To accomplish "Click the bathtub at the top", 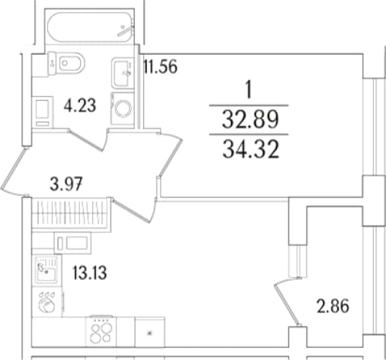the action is tap(90, 28).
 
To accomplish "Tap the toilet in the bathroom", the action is tap(66, 63).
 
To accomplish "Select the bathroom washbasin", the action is tap(123, 73).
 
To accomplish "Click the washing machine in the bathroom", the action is tap(122, 108).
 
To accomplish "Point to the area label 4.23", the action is tap(80, 105).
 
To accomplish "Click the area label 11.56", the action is tap(160, 66).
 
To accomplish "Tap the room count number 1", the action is tap(248, 90).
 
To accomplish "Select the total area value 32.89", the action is tap(250, 119).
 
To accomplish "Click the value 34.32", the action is tap(251, 150).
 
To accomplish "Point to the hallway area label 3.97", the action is tap(66, 184).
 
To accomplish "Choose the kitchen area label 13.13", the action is tap(90, 272).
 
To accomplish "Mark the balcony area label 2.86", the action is tap(333, 306).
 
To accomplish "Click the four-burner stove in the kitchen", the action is tap(101, 331).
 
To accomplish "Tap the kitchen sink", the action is tap(46, 269).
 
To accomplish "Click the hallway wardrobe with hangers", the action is tap(71, 215).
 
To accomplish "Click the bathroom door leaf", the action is tap(87, 140).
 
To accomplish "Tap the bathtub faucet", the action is tap(125, 31).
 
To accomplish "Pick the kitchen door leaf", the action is tap(131, 210).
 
